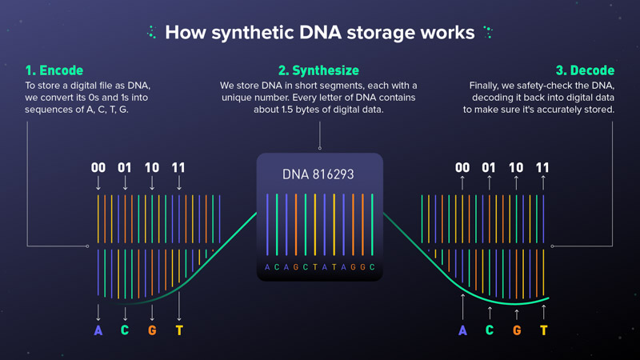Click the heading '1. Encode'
[54, 70]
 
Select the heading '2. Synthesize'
[318, 70]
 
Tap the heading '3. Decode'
[585, 70]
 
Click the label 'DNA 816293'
[318, 174]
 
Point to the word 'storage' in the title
[380, 33]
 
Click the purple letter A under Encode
[98, 330]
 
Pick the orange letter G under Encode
[152, 330]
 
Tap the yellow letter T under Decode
[544, 330]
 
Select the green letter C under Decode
[490, 330]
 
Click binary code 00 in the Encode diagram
[98, 167]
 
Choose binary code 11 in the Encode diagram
[178, 167]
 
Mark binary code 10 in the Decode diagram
[516, 167]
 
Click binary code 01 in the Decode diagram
[489, 167]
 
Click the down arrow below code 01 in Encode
[126, 183]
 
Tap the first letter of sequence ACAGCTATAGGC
[267, 267]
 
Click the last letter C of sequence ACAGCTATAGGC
[372, 267]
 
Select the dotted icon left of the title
[151, 32]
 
